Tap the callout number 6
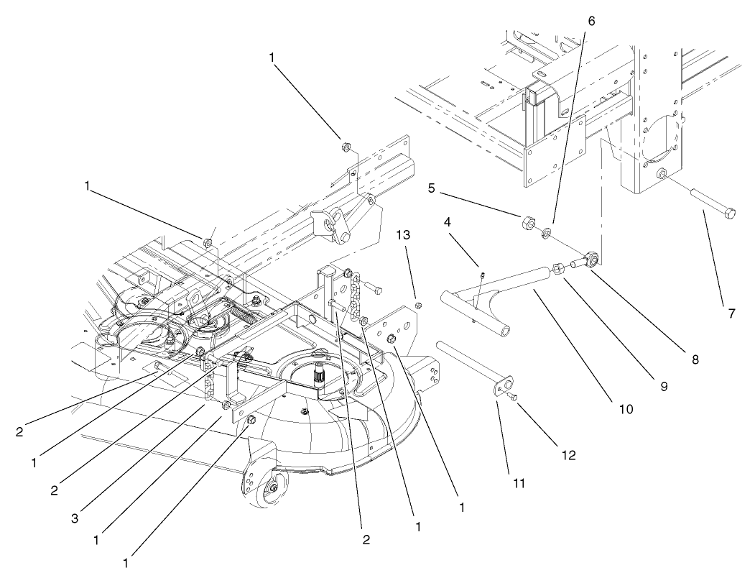(x=590, y=21)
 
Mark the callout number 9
(x=663, y=387)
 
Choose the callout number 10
(x=625, y=409)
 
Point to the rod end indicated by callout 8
(x=591, y=258)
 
